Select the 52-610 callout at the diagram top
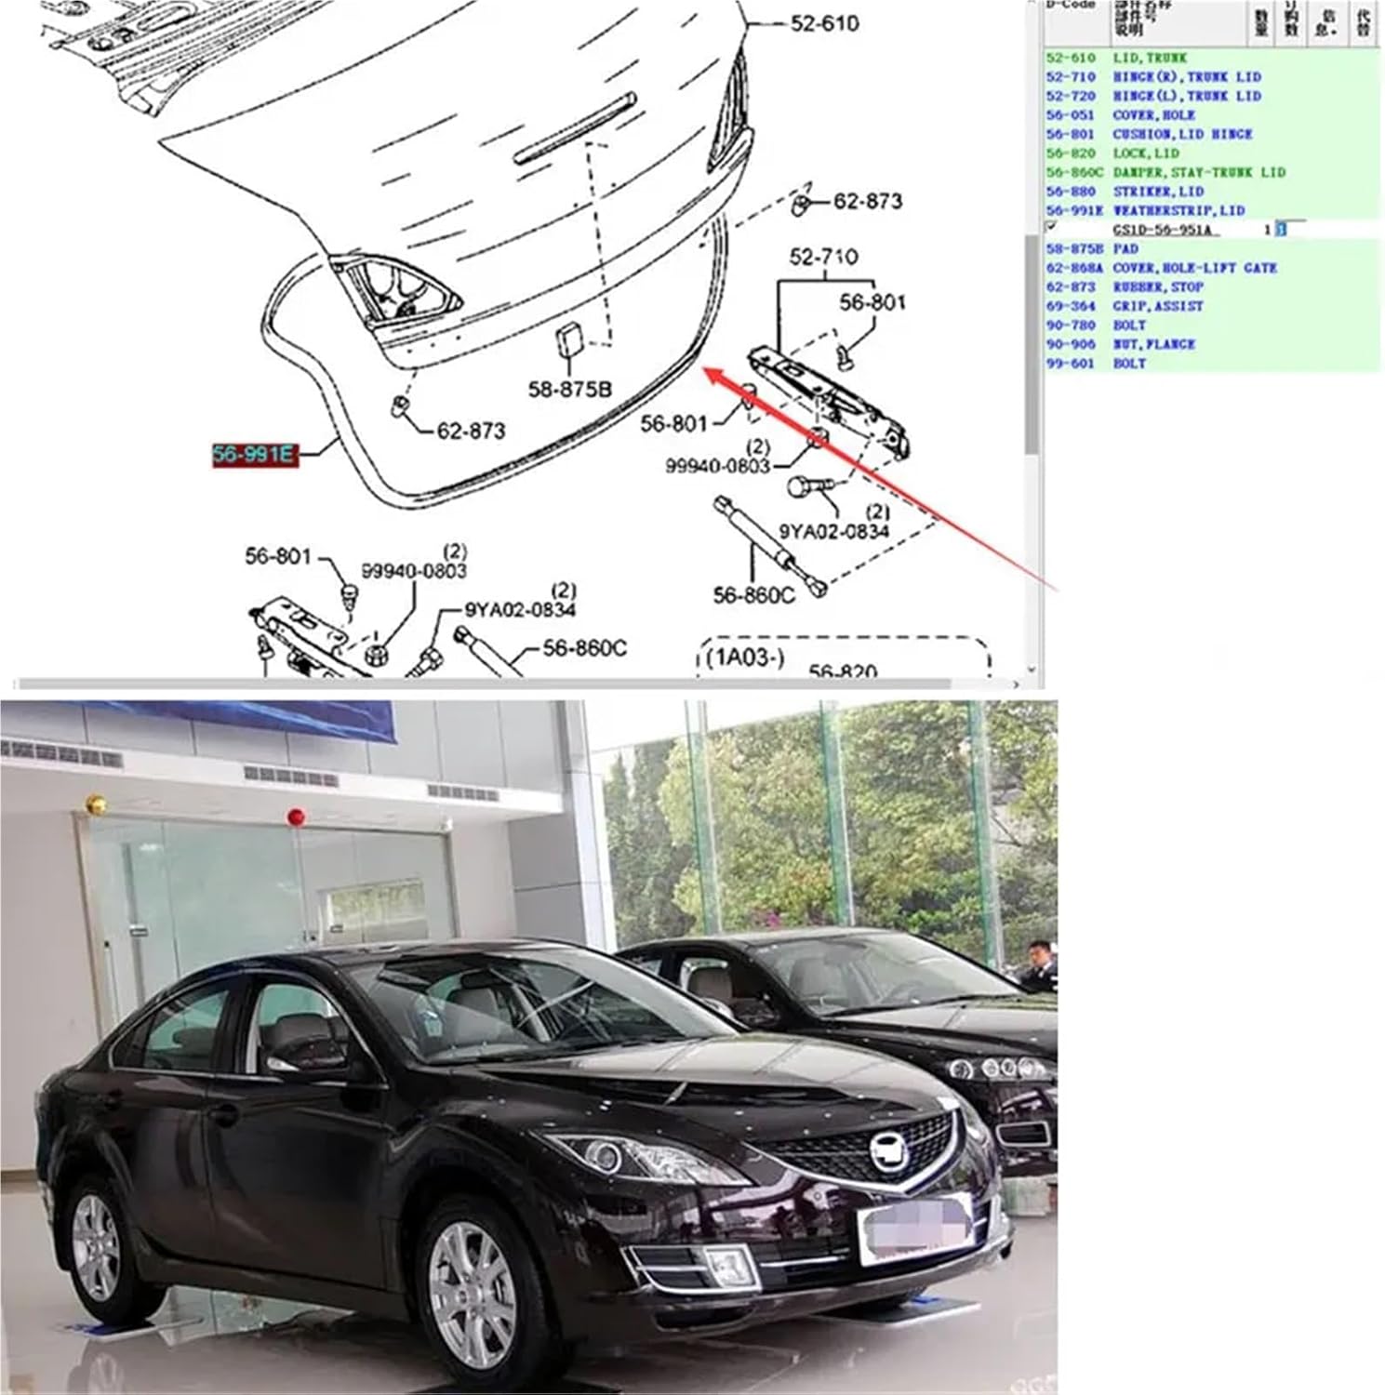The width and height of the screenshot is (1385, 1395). [824, 23]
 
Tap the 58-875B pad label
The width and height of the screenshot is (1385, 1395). [569, 389]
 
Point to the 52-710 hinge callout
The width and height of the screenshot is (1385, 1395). [823, 257]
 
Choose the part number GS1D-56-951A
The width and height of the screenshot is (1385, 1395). [1163, 230]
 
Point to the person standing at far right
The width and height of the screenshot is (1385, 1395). [1037, 967]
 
